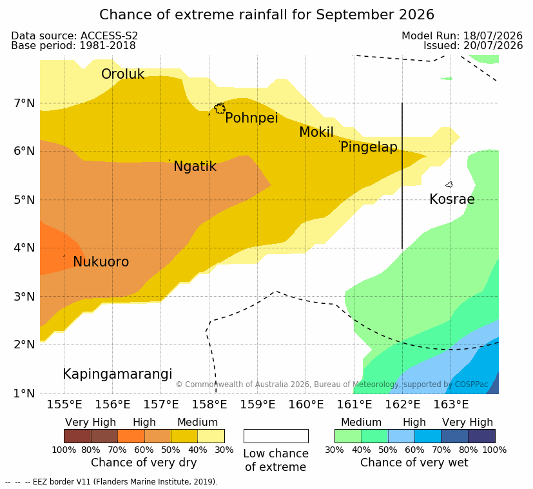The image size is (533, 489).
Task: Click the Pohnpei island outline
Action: [x=220, y=108]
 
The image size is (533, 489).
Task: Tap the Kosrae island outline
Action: [x=449, y=185]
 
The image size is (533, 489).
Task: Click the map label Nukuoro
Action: [x=101, y=262]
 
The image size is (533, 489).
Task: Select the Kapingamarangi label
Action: [x=117, y=374]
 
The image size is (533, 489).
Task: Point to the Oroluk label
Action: [x=122, y=74]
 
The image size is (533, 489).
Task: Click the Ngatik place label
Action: [x=195, y=166]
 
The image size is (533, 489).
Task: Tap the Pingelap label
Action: [x=369, y=147]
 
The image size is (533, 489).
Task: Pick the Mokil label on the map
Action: [x=316, y=132]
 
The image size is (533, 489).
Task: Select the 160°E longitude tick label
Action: [x=306, y=404]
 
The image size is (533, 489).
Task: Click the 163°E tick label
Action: [x=451, y=404]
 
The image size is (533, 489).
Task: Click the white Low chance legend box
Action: [x=276, y=436]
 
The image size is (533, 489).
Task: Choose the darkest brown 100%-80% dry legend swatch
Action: [x=77, y=436]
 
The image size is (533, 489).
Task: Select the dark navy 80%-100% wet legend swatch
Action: [x=481, y=436]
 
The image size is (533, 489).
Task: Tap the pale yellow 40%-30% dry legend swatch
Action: [x=211, y=436]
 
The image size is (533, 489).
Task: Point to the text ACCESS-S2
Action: [x=109, y=35]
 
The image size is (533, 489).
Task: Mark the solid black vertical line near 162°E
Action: [x=402, y=175]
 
